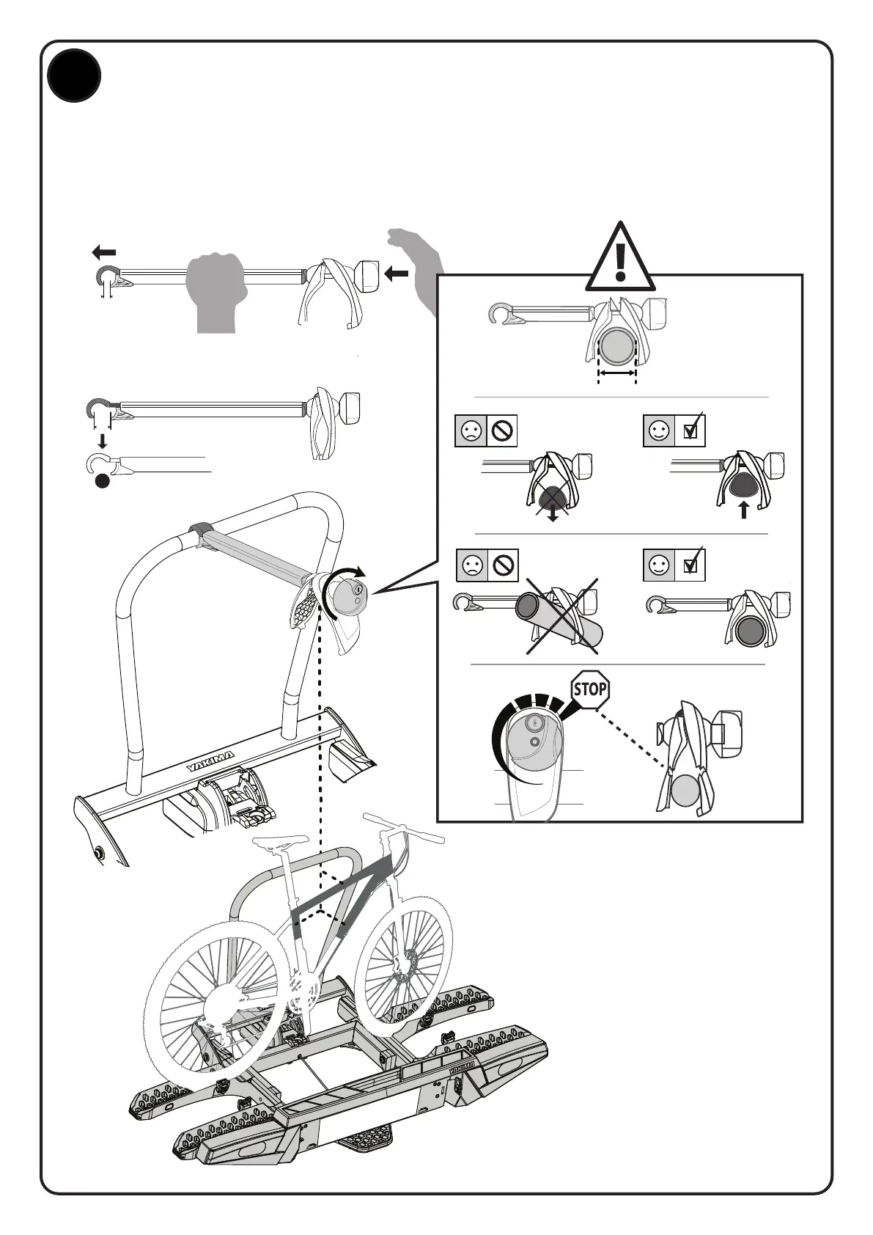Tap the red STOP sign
click(590, 689)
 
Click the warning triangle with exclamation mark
click(621, 257)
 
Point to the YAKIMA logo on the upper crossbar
click(210, 761)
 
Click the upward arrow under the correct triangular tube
click(744, 510)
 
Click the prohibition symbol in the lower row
click(504, 565)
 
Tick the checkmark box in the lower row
click(690, 565)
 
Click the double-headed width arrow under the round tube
click(616, 374)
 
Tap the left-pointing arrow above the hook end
click(104, 253)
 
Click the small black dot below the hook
click(103, 481)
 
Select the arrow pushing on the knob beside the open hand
click(397, 274)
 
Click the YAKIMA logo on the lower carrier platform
click(463, 1064)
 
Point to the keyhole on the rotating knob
click(357, 589)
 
